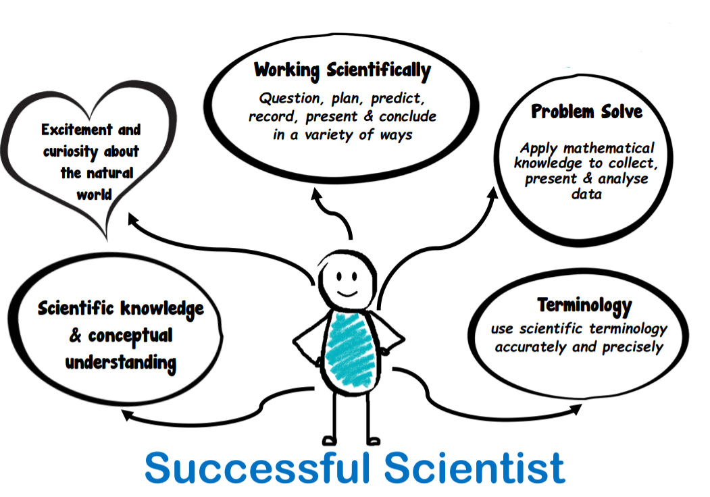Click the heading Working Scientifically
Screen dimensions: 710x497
tap(343, 71)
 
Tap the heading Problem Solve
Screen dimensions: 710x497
tap(587, 111)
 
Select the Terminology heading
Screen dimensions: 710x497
tap(584, 306)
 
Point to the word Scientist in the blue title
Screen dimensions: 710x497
tap(474, 467)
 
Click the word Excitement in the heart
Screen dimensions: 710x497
tap(77, 130)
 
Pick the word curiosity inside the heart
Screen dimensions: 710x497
tap(71, 152)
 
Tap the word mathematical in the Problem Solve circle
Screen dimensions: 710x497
tap(609, 148)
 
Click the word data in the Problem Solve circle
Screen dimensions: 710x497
tap(586, 194)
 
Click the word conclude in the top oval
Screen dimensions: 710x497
tap(407, 116)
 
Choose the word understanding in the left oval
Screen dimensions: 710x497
tap(121, 363)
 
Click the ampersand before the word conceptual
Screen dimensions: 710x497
tap(75, 336)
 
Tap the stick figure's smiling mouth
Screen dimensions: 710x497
tap(347, 293)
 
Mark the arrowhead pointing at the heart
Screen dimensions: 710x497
tap(133, 219)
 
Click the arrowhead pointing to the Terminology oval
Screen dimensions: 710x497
tap(576, 409)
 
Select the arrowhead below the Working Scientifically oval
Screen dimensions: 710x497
tap(316, 194)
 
